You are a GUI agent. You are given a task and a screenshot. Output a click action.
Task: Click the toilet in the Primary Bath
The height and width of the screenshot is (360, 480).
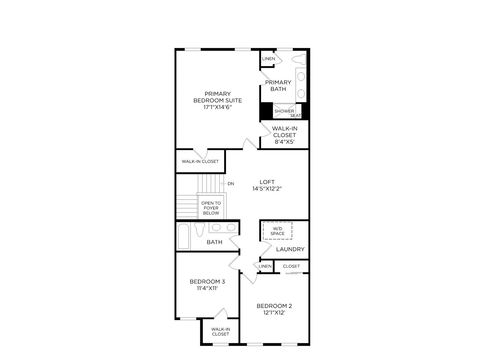tap(299, 59)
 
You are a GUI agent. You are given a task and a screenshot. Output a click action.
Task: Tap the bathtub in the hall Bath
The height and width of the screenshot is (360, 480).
tap(183, 236)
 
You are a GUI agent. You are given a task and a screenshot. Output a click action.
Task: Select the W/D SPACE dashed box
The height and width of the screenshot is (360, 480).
tap(277, 231)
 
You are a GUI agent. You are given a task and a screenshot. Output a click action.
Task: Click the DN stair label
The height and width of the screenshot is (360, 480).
tap(231, 184)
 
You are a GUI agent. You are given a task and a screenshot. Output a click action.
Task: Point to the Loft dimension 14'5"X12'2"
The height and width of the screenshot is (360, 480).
tap(267, 189)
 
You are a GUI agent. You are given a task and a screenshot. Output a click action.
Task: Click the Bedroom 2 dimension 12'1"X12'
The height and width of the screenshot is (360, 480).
tap(274, 313)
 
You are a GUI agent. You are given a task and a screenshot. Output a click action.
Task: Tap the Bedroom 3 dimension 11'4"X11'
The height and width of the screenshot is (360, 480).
tap(207, 288)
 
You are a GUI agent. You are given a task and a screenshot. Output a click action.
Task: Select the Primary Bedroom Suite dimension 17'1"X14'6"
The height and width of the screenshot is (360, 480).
tap(217, 107)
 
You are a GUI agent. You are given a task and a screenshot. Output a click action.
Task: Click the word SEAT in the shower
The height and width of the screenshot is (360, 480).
tap(296, 115)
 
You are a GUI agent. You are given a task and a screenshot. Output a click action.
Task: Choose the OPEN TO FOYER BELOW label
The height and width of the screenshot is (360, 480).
tap(211, 208)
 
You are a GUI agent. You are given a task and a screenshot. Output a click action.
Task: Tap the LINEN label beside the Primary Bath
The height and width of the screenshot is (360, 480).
tap(268, 59)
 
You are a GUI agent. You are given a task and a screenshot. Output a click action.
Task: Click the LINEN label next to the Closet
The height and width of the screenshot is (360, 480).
tap(265, 266)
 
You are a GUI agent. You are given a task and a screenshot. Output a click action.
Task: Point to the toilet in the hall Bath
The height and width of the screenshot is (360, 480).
tap(200, 229)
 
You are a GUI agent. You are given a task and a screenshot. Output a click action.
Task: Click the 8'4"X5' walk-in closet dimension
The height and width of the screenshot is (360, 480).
tap(284, 142)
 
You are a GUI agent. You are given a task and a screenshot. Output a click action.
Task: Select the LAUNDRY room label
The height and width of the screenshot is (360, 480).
tap(290, 249)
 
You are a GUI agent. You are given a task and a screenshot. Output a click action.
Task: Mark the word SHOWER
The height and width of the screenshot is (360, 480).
tap(284, 111)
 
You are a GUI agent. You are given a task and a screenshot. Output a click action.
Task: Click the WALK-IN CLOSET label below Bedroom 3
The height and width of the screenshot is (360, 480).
tap(220, 331)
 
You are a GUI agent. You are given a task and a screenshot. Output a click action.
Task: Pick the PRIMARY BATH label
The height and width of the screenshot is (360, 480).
tap(278, 86)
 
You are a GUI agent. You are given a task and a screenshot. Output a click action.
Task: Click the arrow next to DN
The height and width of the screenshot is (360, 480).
tap(223, 184)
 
